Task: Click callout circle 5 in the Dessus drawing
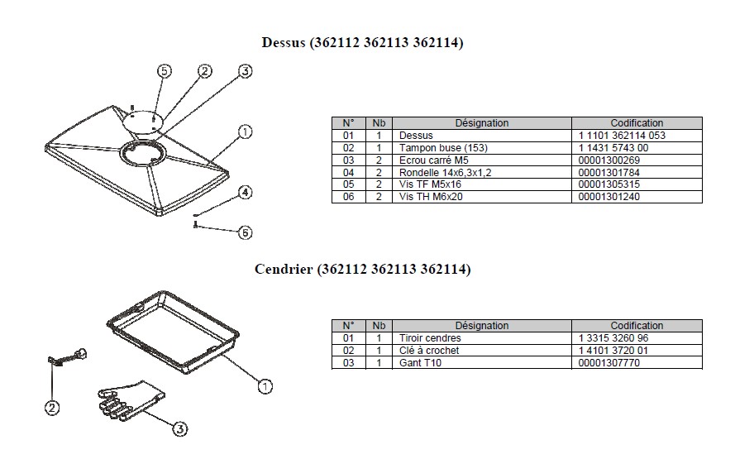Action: click(164, 71)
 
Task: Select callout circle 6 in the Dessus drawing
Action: click(246, 232)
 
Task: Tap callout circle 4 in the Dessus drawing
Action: click(246, 192)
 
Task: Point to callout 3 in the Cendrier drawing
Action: click(180, 428)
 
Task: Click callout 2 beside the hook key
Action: click(52, 408)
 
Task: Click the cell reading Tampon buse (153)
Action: click(443, 148)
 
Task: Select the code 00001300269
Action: click(609, 160)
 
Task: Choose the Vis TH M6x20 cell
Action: click(430, 197)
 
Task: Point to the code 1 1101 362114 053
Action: click(622, 136)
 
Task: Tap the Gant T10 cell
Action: click(420, 362)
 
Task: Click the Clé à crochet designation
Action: click(429, 350)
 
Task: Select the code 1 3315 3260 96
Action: click(613, 338)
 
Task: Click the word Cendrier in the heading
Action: click(284, 269)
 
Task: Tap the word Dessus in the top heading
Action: click(284, 42)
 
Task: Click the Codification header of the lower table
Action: click(637, 325)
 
